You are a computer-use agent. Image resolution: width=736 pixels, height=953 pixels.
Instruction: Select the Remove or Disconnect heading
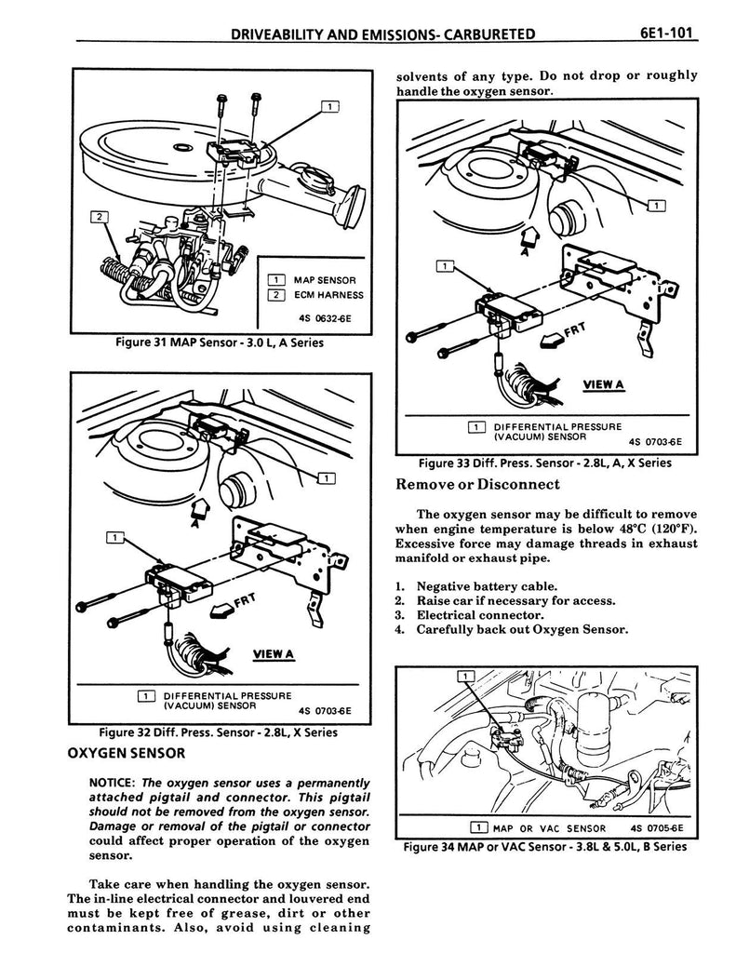click(477, 484)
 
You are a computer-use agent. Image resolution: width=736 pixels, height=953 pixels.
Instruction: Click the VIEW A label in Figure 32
click(271, 653)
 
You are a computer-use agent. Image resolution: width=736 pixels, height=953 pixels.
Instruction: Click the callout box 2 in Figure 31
click(97, 217)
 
